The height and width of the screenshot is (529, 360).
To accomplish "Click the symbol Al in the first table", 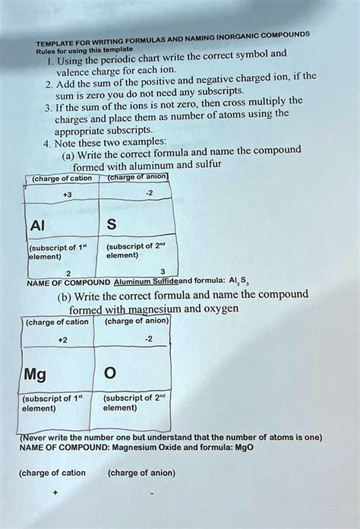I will click(x=38, y=225).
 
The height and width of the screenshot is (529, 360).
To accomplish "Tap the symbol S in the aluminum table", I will click(x=112, y=225).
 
